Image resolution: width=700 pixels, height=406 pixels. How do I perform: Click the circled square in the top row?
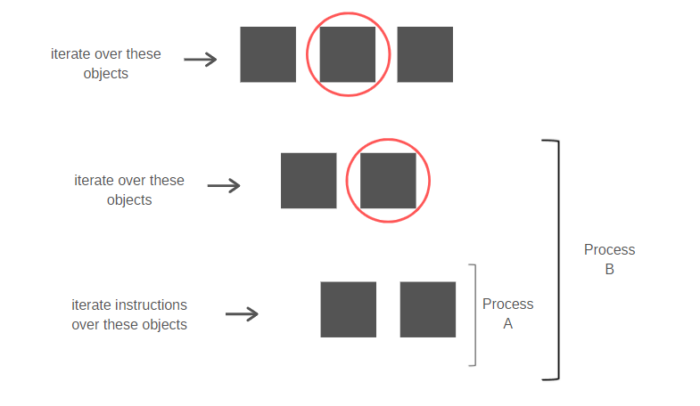coord(347,54)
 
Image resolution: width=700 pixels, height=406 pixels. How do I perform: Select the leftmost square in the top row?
coord(268,54)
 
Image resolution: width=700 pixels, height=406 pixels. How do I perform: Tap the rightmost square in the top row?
coord(425,54)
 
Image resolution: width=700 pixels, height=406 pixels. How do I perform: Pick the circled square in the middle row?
coord(388,181)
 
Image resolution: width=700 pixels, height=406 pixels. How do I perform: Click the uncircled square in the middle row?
coord(309,181)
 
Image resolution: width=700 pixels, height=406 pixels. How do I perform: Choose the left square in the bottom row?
coord(348,309)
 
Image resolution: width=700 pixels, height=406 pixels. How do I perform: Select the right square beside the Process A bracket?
coord(428,309)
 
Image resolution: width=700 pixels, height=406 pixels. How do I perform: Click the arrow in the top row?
coord(201,60)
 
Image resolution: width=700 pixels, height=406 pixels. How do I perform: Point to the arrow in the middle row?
coord(224,185)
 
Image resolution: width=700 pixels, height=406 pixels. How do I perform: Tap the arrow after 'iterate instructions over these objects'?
coord(242,313)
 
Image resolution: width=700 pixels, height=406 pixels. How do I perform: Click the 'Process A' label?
coord(508,313)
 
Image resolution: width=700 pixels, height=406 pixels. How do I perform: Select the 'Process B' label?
coord(609,259)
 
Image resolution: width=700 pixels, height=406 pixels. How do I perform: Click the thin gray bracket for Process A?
coord(475,315)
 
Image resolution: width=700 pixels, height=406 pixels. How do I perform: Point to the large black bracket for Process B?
coord(558,260)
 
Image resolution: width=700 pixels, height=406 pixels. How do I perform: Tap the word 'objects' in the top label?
coord(106,74)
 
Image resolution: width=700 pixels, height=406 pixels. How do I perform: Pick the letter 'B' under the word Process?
coord(609,269)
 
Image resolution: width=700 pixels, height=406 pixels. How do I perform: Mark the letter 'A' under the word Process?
coord(508,323)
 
